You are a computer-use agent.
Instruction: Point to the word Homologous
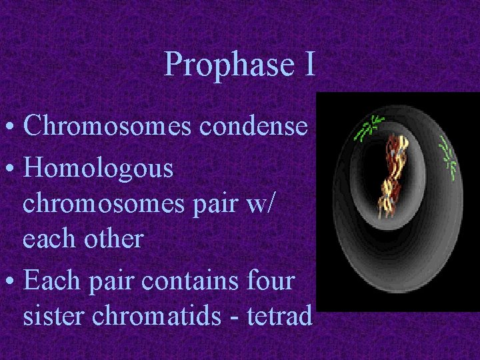pyautogui.click(x=98, y=169)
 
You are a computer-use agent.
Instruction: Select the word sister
pyautogui.click(x=57, y=316)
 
